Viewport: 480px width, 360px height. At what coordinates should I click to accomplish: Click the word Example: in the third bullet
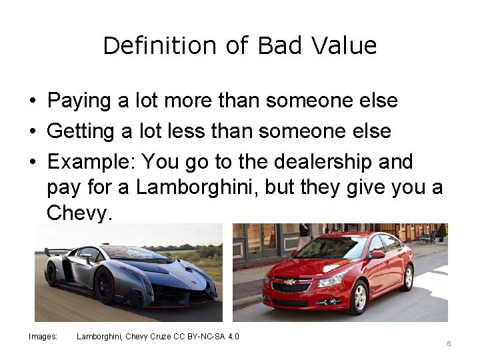91,162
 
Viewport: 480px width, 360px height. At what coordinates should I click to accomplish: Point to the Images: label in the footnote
43,337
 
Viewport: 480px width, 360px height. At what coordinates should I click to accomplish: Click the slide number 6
449,343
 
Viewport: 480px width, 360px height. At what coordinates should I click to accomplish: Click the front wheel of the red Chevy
358,297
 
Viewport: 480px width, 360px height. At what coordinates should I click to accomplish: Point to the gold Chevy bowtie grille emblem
289,282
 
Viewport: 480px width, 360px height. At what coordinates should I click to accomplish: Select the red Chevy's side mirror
377,255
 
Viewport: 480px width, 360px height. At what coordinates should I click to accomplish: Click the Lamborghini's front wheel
105,285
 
